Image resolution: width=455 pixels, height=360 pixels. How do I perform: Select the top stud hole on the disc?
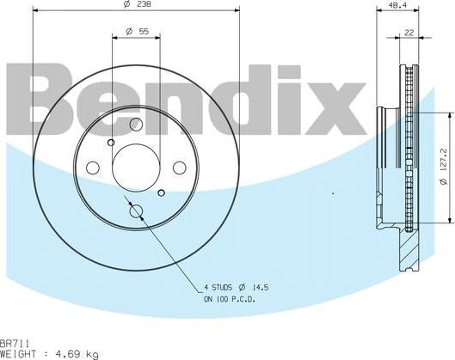click(x=134, y=125)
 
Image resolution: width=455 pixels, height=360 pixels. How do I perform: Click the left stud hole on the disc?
click(x=94, y=166)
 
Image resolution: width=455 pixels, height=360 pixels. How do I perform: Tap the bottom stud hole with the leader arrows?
click(x=134, y=211)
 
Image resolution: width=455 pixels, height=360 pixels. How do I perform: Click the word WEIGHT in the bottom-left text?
click(x=17, y=353)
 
